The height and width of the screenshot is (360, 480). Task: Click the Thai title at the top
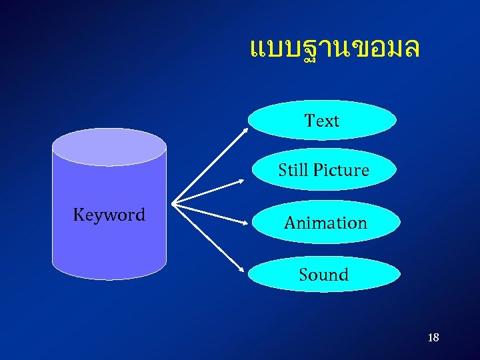(334, 48)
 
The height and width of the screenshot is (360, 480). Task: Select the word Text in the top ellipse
(322, 121)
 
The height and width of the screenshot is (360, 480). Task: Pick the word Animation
(325, 223)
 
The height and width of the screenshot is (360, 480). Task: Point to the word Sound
(323, 275)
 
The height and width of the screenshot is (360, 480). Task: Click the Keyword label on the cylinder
(109, 215)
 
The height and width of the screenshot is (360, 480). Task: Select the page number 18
(433, 338)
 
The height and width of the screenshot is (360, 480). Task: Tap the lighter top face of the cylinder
(109, 147)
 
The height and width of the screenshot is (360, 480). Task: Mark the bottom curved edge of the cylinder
(109, 277)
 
